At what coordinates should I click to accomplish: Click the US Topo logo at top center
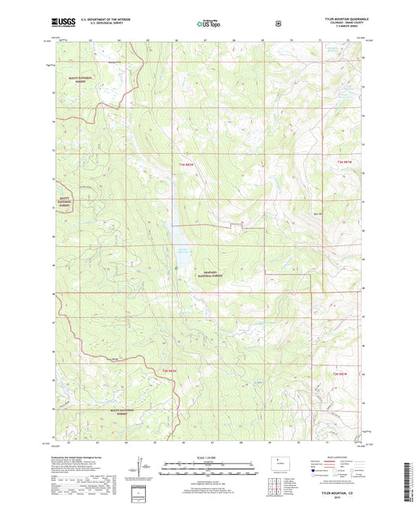pyautogui.click(x=209, y=24)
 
